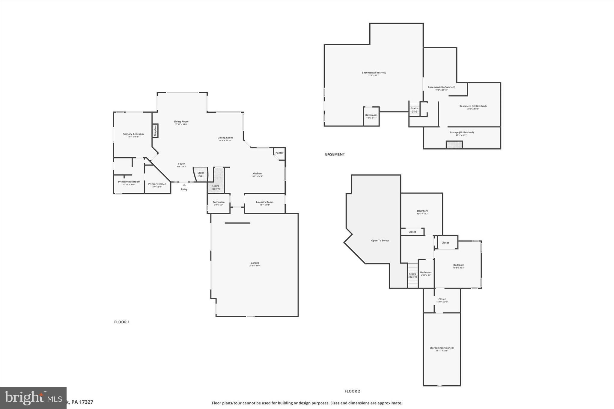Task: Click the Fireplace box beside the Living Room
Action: [x=155, y=131]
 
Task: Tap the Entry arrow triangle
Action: [x=184, y=185]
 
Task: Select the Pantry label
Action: [x=279, y=153]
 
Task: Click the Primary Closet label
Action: [x=157, y=184]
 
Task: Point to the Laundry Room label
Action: [x=264, y=202]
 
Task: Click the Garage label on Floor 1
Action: [x=255, y=263]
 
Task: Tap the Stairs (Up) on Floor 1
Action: [x=201, y=174]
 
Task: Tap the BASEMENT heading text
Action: [x=335, y=154]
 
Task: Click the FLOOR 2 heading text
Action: [x=352, y=391]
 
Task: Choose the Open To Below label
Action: [x=380, y=241]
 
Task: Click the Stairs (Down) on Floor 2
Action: [x=413, y=275]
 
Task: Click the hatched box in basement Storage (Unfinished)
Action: [x=454, y=145]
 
